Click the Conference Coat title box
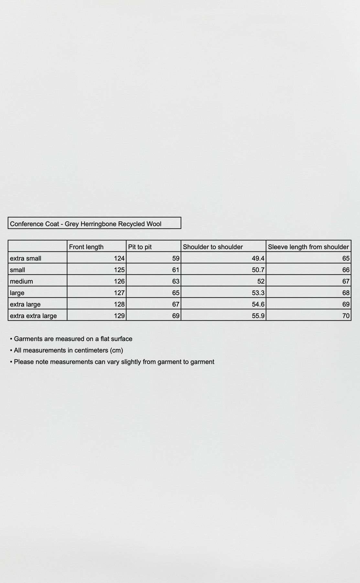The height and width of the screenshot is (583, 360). [x=86, y=224]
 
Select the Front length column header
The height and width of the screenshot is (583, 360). [x=86, y=247]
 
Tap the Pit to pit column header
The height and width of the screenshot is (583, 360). [x=140, y=247]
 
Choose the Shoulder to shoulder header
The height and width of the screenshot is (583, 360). [x=213, y=247]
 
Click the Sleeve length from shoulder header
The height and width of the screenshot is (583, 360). [x=308, y=247]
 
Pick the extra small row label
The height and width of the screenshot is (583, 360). [x=26, y=258]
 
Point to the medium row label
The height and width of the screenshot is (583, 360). [x=21, y=281]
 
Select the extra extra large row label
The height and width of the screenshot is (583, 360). [x=33, y=316]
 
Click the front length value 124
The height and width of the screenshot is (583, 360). [x=119, y=258]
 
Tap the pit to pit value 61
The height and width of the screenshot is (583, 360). [x=176, y=270]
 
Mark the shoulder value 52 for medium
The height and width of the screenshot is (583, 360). [x=261, y=281]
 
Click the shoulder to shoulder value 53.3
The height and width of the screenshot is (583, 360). [x=258, y=293]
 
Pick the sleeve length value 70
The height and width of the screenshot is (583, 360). [x=346, y=316]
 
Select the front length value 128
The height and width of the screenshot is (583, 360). [x=119, y=304]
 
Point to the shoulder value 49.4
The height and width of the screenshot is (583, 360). [x=258, y=258]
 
